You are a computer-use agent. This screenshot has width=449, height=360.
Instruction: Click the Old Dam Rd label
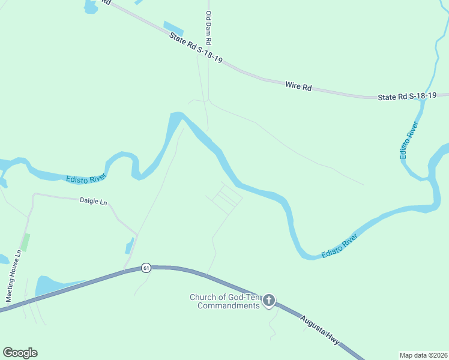209,29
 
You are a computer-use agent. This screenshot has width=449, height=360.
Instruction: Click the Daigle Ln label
93,202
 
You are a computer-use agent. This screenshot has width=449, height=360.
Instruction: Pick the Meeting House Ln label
14,276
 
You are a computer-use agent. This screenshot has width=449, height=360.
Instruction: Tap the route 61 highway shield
145,267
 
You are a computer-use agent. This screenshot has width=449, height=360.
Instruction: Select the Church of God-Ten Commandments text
225,301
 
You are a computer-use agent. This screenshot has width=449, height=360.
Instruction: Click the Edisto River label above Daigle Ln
86,178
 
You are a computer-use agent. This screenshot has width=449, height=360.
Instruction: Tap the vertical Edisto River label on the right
408,140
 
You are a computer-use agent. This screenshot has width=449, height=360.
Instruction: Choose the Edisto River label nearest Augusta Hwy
339,246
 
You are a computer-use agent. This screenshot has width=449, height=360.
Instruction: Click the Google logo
20,353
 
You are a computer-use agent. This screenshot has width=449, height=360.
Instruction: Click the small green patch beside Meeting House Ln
26,242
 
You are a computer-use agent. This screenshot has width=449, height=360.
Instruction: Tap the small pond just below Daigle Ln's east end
129,247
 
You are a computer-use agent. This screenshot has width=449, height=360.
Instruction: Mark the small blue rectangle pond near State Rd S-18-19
173,28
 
